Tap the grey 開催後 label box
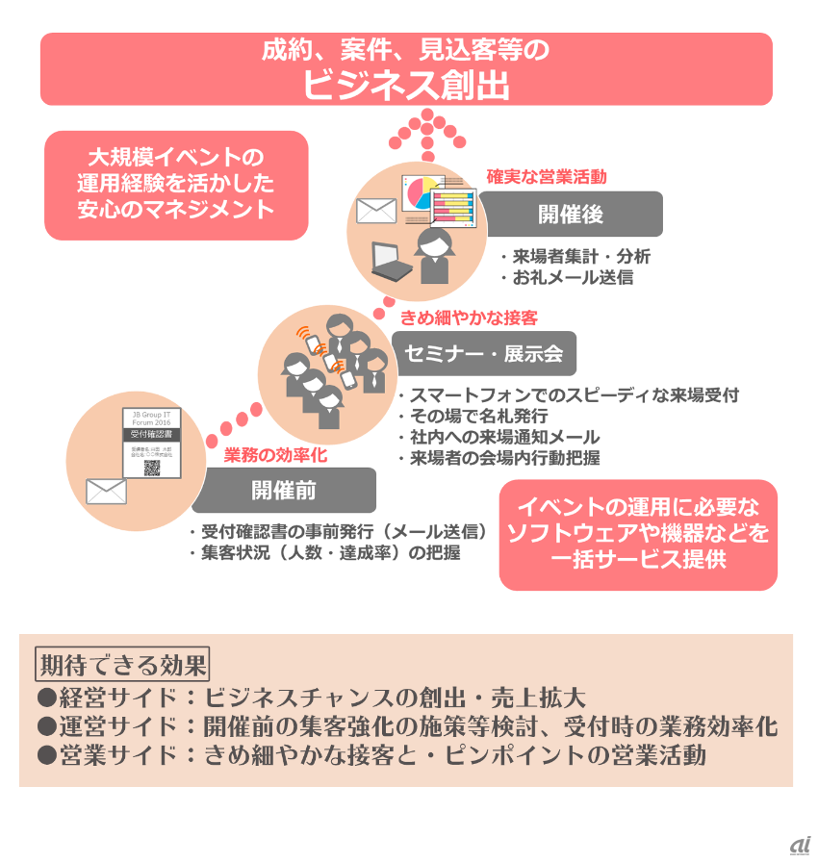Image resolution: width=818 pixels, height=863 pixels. [571, 214]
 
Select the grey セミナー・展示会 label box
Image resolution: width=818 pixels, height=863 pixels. [484, 353]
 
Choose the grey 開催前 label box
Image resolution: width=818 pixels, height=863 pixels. [284, 490]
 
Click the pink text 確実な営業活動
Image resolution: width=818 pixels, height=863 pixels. [546, 177]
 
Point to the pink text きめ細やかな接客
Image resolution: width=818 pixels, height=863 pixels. [469, 317]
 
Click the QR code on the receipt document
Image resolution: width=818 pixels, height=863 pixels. [152, 469]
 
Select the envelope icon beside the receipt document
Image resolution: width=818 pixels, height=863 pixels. [106, 491]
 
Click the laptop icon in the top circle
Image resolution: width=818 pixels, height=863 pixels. [388, 260]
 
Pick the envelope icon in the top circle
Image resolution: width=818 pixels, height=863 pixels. [375, 211]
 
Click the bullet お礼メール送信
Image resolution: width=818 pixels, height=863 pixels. [566, 278]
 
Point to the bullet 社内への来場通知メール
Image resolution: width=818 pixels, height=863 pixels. [498, 437]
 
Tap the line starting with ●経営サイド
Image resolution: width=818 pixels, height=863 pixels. [311, 698]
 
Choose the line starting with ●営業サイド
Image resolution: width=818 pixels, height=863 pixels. [371, 755]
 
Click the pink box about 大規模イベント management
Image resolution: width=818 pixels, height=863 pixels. [176, 184]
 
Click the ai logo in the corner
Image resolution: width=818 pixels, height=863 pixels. [799, 846]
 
